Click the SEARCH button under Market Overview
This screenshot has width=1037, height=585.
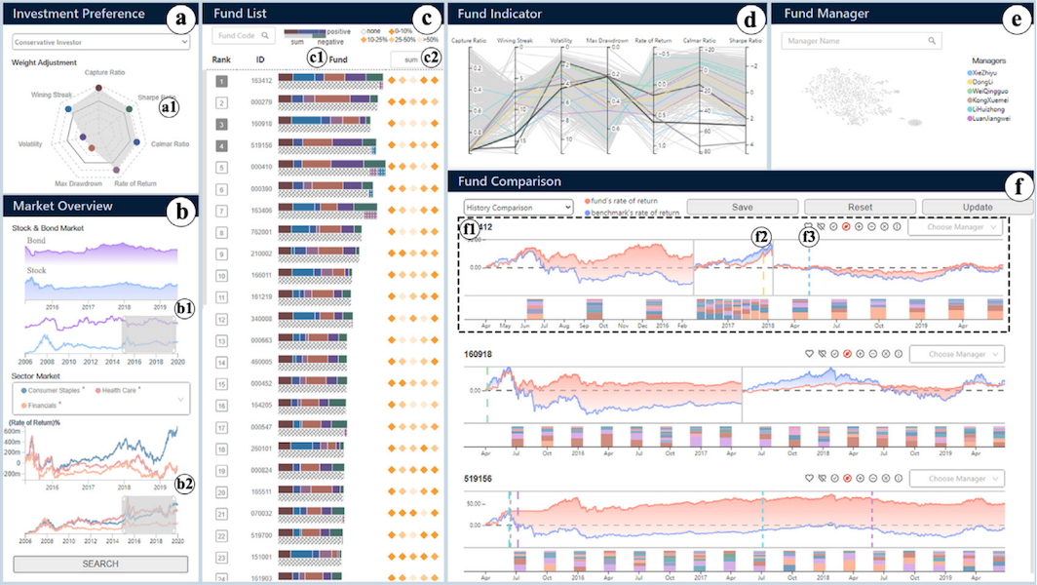point(100,564)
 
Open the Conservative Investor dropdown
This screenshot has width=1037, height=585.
point(100,43)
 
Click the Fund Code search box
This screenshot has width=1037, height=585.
point(243,36)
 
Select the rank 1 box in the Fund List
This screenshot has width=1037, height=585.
point(221,81)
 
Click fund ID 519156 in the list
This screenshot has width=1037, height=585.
point(260,145)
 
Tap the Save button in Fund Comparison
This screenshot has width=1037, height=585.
point(742,207)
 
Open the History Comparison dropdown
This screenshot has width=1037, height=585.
point(518,207)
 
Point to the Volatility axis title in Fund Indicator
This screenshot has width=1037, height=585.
point(562,42)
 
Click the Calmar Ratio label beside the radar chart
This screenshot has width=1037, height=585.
point(171,143)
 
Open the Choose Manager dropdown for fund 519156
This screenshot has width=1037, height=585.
point(963,479)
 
